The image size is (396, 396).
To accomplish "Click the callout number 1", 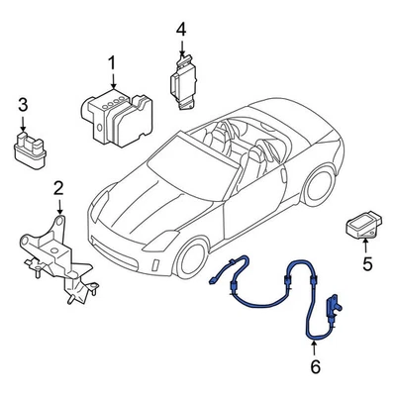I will [x=111, y=65].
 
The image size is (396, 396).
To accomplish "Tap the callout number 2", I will [x=58, y=187].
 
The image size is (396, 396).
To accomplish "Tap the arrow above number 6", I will [x=315, y=348].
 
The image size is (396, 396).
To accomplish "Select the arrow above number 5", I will [x=365, y=247].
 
